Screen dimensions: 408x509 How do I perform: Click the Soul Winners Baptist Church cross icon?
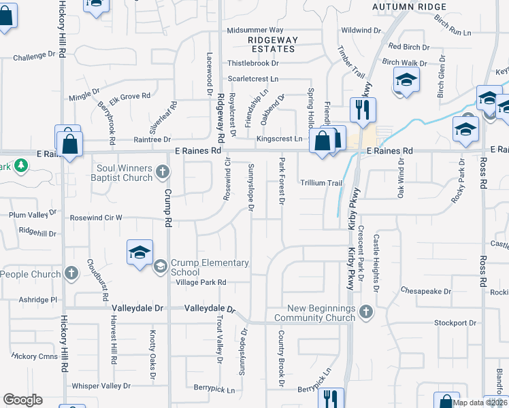163,171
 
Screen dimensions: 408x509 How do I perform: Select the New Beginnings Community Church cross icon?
366,312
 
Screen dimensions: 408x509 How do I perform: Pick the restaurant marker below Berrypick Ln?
331,398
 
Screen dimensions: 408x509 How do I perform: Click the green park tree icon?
21,165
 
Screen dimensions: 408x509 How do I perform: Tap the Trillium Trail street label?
321,183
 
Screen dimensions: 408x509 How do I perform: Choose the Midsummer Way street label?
255,31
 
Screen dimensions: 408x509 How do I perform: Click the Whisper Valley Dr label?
101,386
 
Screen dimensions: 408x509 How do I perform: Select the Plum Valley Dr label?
33,215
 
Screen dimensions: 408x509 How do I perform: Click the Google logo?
23,400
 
